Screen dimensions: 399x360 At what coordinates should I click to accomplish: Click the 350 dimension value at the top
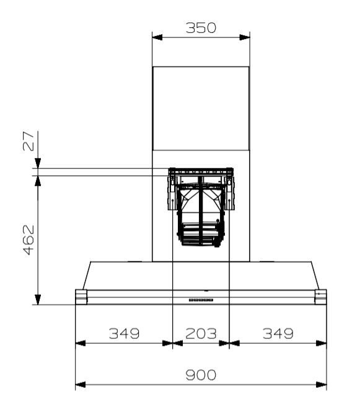click(201, 28)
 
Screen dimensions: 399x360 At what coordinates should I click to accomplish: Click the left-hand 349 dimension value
click(124, 333)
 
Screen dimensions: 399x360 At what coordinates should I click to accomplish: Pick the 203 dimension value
click(200, 333)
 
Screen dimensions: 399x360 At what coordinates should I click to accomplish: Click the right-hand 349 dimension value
click(278, 333)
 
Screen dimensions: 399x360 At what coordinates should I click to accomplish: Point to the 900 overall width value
click(201, 375)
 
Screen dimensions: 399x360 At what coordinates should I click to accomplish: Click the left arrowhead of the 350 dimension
click(157, 37)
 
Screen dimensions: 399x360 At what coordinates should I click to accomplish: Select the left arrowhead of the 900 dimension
click(80, 384)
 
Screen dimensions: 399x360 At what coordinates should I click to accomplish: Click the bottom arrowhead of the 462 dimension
click(38, 299)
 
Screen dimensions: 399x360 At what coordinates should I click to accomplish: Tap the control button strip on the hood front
click(201, 300)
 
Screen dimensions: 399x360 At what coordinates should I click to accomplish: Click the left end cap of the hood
click(81, 297)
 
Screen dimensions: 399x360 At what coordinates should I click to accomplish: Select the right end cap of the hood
click(320, 297)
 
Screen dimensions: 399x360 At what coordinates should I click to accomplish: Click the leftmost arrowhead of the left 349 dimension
click(80, 342)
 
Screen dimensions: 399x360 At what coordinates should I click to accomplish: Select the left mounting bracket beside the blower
click(171, 192)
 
